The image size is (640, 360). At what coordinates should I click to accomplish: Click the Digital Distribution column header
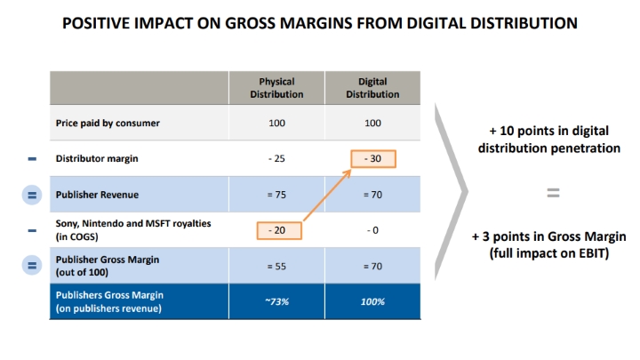(x=372, y=88)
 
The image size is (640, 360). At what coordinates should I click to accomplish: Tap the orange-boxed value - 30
(x=372, y=160)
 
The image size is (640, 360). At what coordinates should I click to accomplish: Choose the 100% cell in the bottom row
(x=372, y=301)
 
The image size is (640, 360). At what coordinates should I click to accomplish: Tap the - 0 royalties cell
(x=372, y=229)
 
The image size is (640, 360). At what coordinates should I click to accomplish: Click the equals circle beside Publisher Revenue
(x=32, y=194)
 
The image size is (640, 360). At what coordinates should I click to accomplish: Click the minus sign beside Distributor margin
(x=32, y=159)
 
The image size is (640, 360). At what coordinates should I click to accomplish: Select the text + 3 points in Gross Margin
(x=548, y=238)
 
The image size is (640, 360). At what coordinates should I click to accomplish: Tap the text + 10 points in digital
(x=548, y=132)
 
